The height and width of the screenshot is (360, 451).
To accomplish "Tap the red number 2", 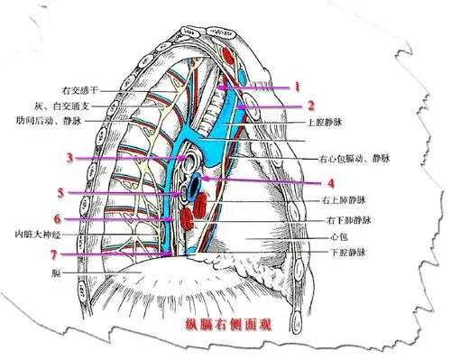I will click(308, 105).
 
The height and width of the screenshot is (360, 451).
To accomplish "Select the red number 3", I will click(69, 159).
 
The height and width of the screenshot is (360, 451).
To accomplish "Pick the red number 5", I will click(60, 193).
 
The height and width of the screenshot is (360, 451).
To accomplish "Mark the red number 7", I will click(53, 254).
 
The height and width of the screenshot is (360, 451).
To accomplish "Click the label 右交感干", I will click(78, 91).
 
